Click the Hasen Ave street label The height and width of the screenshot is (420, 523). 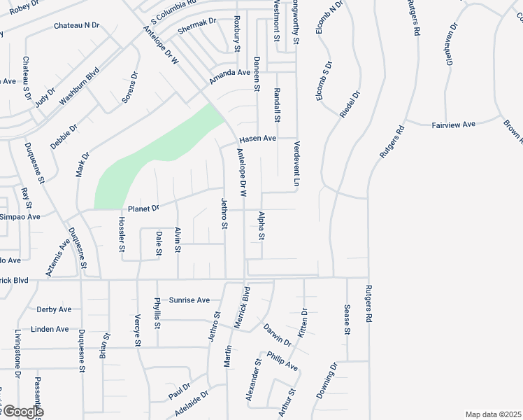click(258, 139)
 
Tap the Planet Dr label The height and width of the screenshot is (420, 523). click(144, 208)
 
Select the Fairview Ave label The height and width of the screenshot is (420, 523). click(453, 124)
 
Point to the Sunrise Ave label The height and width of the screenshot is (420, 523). click(190, 300)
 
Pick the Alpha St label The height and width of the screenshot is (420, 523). click(261, 226)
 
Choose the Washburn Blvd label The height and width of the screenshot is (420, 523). click(79, 86)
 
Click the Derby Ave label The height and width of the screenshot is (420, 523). click(54, 309)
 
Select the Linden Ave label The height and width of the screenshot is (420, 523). click(50, 329)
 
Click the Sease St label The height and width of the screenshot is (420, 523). click(347, 320)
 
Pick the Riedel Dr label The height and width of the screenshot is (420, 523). click(351, 104)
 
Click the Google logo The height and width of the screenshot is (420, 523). click(22, 412)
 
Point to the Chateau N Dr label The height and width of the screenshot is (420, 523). click(77, 26)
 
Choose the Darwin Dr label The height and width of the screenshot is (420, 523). click(278, 334)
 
